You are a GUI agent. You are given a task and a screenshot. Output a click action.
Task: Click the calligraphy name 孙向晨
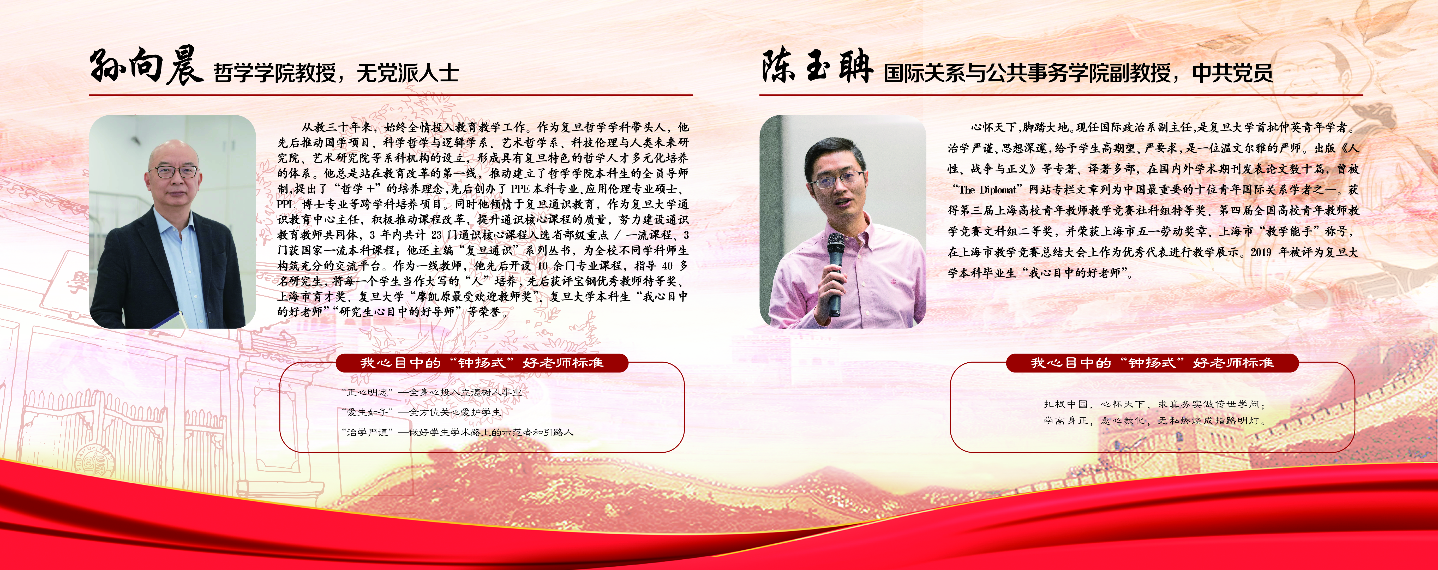146,67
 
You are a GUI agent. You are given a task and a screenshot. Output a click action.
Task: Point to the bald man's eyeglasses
176,171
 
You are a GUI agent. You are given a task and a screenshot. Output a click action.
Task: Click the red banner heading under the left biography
482,363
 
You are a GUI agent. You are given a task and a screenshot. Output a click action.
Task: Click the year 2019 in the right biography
1261,252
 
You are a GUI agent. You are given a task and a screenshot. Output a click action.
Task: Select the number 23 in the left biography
436,236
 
